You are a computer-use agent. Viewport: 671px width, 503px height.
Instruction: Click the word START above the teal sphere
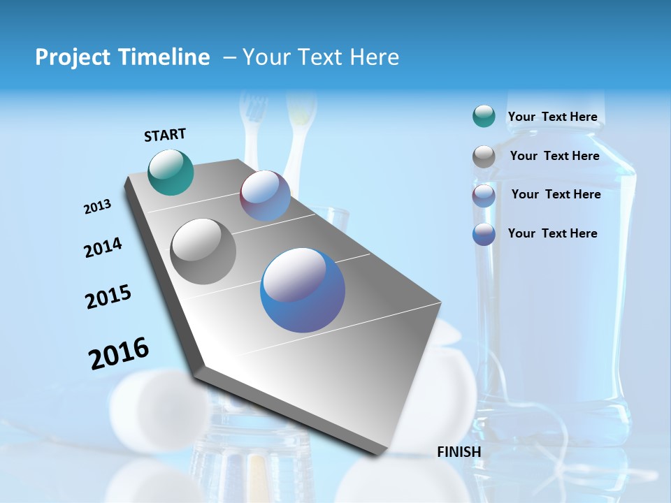165,135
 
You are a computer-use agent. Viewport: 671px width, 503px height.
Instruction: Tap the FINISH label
459,452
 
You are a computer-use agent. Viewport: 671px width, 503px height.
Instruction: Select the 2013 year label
97,207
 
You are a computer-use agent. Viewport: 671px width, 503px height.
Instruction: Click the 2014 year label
103,247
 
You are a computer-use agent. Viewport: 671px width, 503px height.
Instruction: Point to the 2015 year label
108,297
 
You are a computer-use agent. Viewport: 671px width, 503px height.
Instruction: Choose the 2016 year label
118,353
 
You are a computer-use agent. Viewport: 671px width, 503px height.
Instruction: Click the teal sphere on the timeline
171,172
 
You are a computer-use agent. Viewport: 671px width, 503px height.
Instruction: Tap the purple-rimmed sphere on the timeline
265,196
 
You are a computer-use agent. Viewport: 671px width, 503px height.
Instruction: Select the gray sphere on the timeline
203,251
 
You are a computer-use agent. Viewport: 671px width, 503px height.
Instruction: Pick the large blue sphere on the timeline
303,290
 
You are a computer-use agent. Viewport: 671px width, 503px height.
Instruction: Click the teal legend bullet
483,116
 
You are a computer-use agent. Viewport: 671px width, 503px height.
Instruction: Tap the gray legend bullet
483,156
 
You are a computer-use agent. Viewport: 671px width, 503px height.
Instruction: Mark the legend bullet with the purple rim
483,196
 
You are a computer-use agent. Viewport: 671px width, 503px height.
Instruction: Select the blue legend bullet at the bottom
483,234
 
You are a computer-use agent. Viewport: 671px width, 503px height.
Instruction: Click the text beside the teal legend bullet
552,117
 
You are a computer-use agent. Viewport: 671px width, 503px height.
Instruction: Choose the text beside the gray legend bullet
554,156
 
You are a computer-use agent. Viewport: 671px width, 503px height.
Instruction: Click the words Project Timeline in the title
122,57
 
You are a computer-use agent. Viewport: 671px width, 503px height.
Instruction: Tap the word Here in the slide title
374,57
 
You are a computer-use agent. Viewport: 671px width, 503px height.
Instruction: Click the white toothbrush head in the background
253,112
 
